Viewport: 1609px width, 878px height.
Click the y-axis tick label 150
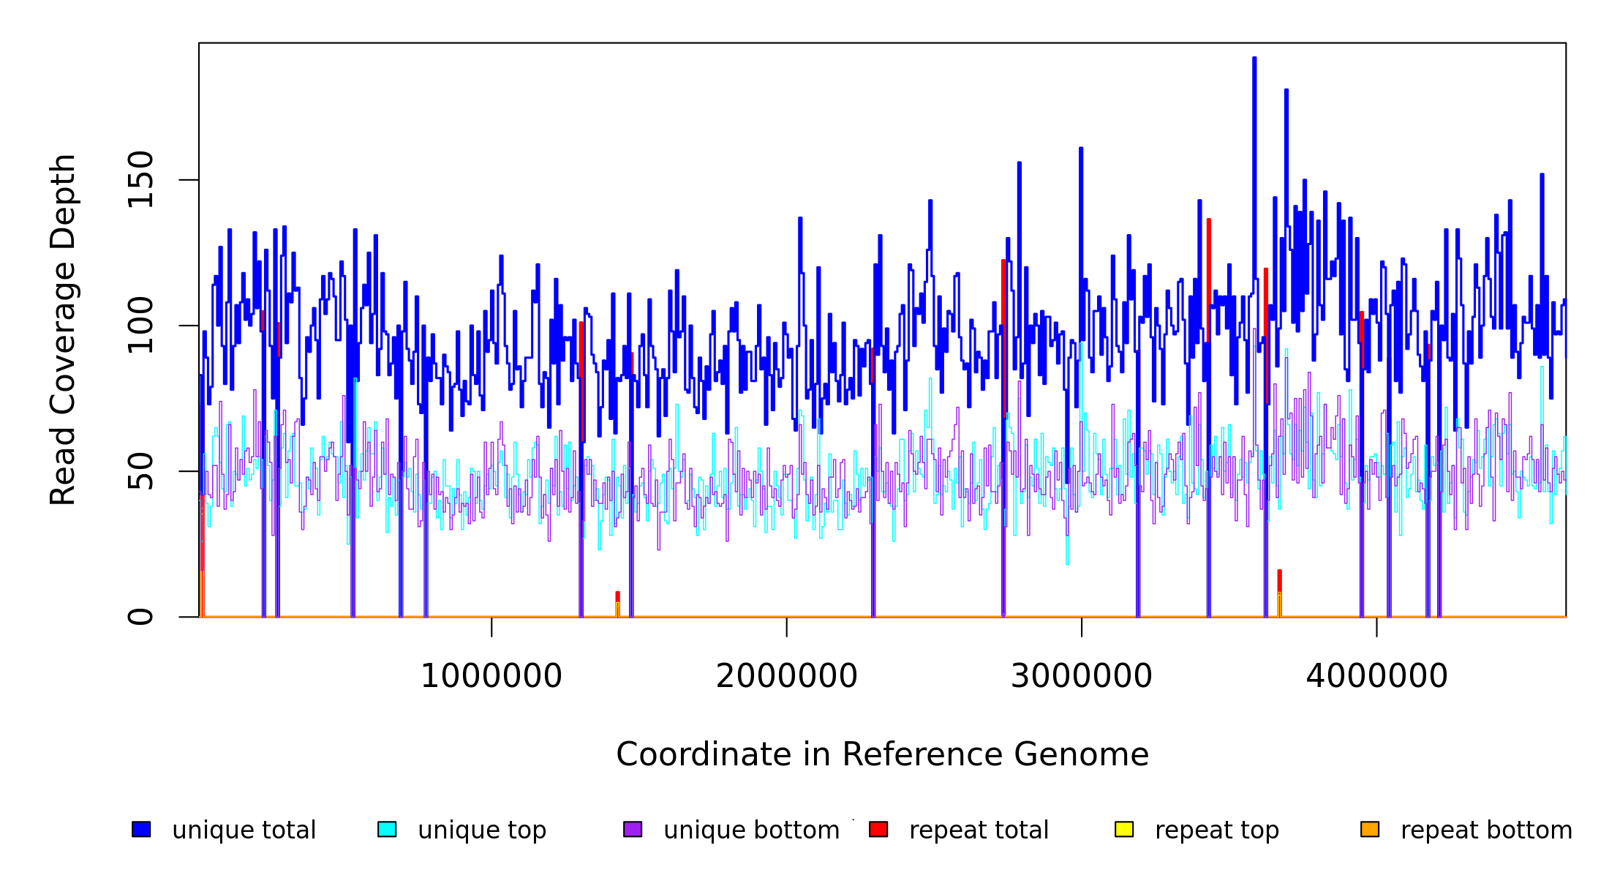coord(140,179)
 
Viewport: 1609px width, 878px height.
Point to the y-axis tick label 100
coord(140,326)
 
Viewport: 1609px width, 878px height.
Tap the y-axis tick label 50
coord(140,471)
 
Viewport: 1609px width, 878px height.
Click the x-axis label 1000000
coord(491,676)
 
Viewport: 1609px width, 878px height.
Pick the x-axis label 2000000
coord(786,676)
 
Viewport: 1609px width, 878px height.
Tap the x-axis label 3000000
coord(1081,676)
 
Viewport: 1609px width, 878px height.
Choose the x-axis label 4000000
coord(1376,676)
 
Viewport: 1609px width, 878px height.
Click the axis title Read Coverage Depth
coord(63,329)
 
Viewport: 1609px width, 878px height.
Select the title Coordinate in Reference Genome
coord(882,755)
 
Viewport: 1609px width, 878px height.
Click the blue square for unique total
coord(141,829)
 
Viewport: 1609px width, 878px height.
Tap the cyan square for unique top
coord(387,829)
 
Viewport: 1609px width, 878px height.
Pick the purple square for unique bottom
coord(633,829)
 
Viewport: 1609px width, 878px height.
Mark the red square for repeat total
coord(878,829)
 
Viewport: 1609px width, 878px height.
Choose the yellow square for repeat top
coord(1124,829)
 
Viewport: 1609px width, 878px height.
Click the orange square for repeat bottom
coord(1370,829)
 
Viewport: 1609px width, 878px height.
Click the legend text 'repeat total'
coord(979,830)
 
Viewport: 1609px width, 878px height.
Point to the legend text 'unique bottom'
coord(751,830)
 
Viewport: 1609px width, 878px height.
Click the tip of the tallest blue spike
coord(1254,58)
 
